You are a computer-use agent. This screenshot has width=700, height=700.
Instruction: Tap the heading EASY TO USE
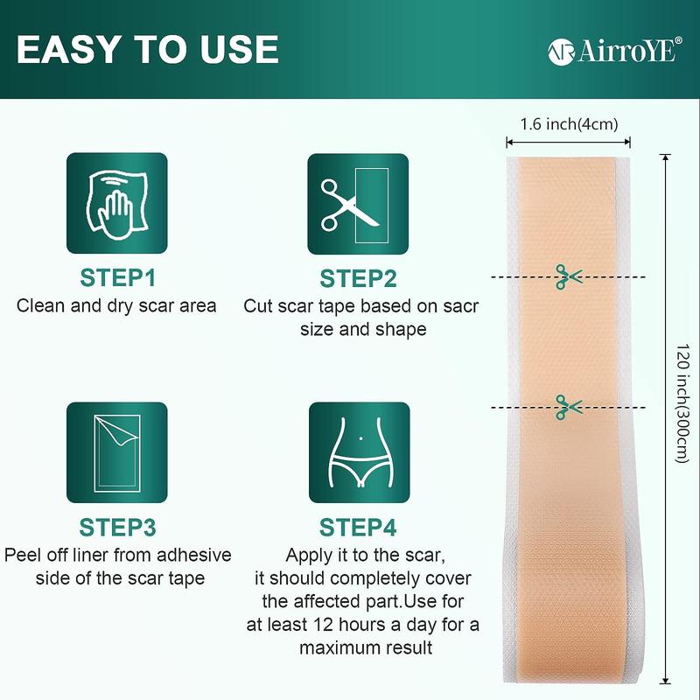click(148, 50)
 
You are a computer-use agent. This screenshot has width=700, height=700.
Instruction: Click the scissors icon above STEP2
click(357, 204)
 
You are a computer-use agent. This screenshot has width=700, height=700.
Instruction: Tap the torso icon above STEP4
click(357, 452)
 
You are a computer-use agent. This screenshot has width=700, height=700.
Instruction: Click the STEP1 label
click(117, 279)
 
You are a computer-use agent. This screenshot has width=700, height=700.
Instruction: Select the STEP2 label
click(358, 279)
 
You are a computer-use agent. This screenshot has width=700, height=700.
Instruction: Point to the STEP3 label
click(117, 528)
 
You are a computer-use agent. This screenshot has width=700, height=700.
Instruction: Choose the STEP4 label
click(358, 528)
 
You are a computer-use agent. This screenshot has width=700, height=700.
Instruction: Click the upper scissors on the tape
click(567, 277)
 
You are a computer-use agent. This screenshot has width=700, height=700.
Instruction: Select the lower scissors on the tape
click(567, 406)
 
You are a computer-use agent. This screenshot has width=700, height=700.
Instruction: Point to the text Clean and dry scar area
click(117, 306)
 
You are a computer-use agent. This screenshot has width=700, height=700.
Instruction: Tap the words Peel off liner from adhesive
click(117, 555)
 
